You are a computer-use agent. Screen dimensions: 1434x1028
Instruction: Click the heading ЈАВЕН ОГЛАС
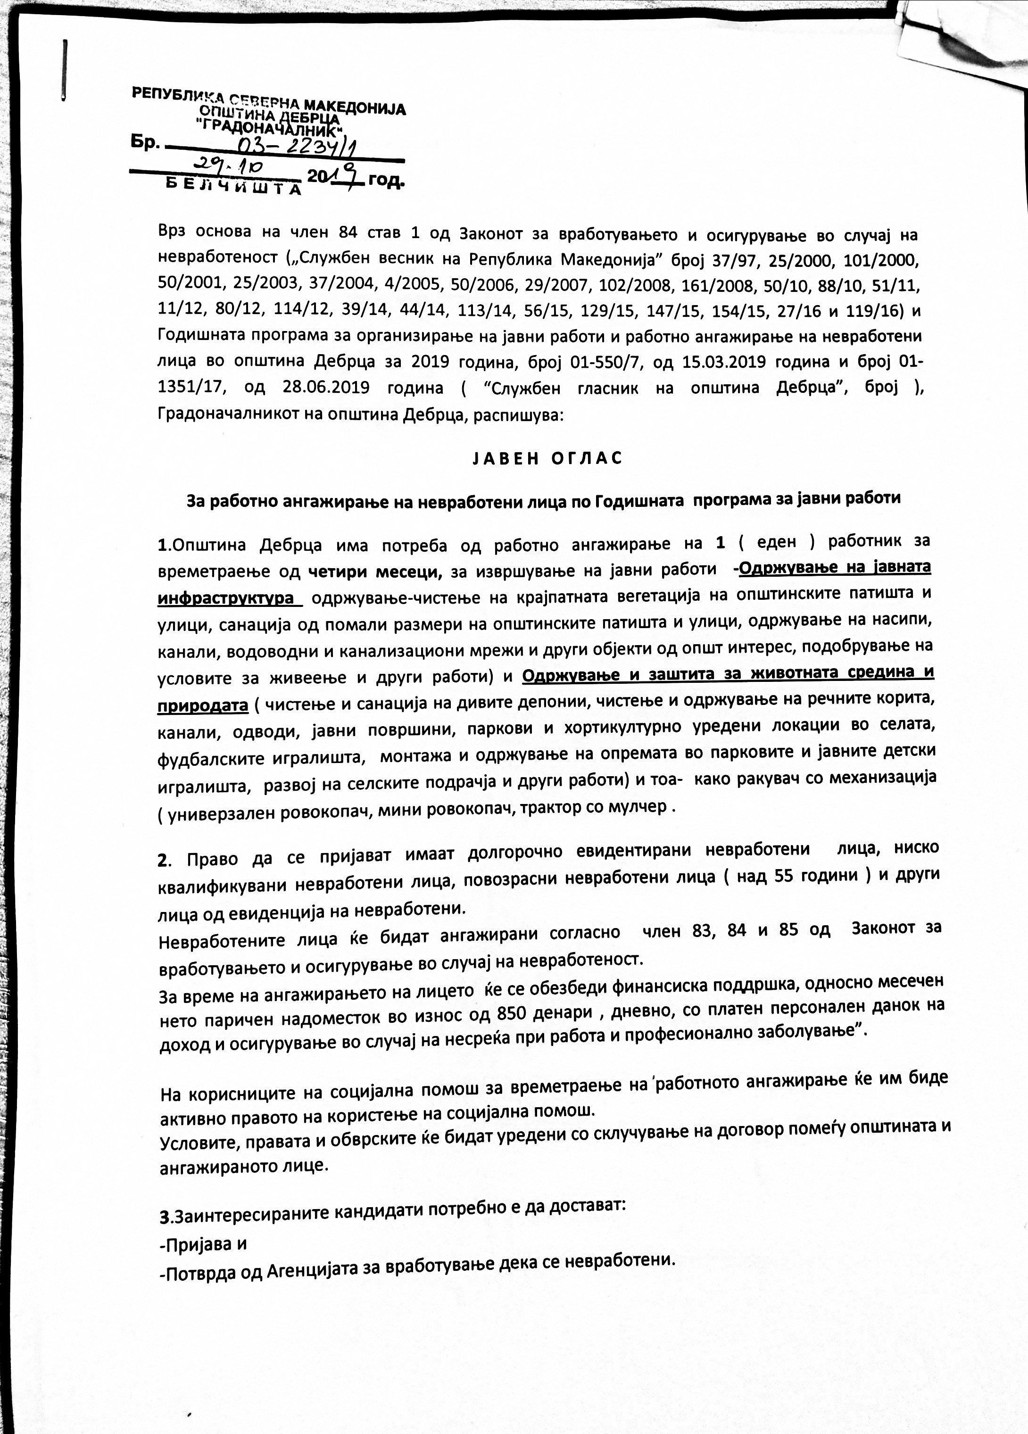tap(547, 458)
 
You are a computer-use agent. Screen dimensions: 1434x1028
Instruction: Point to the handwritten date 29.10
tap(228, 166)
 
